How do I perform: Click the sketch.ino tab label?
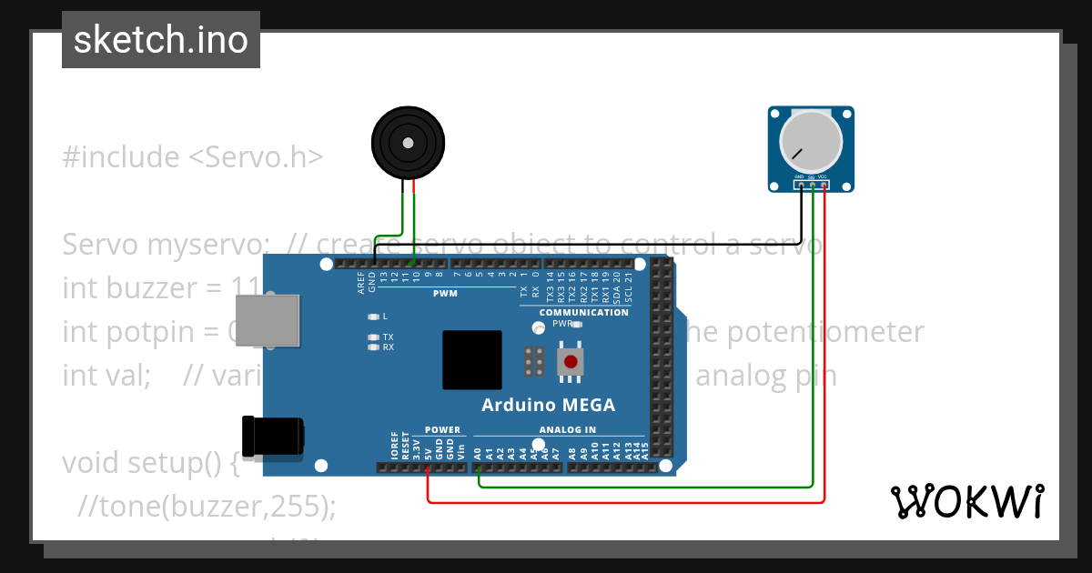pyautogui.click(x=161, y=40)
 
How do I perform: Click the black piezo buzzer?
pyautogui.click(x=408, y=143)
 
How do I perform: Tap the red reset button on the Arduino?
pyautogui.click(x=571, y=362)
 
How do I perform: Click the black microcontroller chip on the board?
pyautogui.click(x=472, y=360)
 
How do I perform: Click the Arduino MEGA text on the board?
pyautogui.click(x=548, y=406)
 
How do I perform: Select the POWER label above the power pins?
pyautogui.click(x=443, y=430)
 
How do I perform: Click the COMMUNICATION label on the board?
pyautogui.click(x=583, y=312)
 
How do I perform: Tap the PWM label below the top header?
pyautogui.click(x=445, y=294)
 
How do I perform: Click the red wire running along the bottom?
pyautogui.click(x=628, y=502)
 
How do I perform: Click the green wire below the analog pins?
pyautogui.click(x=646, y=488)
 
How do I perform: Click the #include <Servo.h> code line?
pyautogui.click(x=193, y=157)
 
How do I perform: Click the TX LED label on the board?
pyautogui.click(x=389, y=337)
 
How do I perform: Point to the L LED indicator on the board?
pyautogui.click(x=372, y=317)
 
